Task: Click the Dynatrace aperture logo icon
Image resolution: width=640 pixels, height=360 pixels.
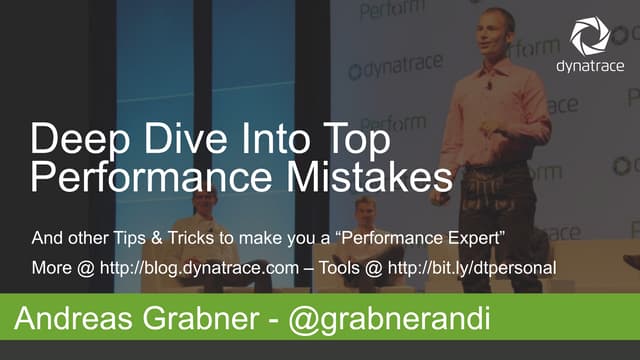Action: [590, 37]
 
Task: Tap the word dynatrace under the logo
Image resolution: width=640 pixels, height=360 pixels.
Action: [590, 67]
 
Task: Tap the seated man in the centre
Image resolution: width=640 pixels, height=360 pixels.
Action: [364, 225]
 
